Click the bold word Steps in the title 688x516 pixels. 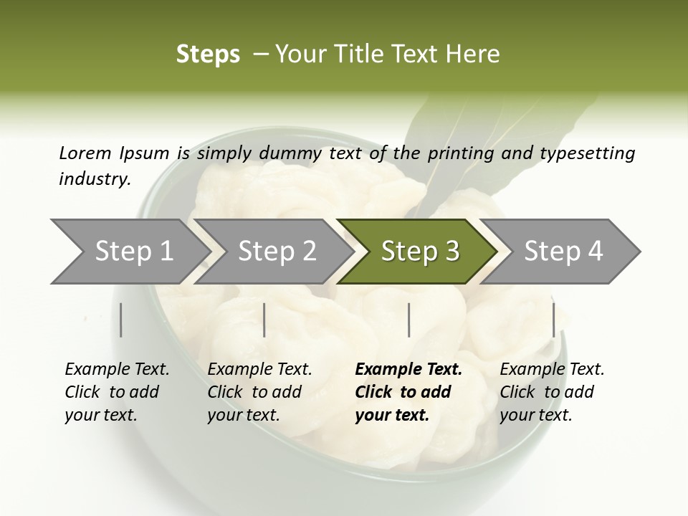click(x=208, y=54)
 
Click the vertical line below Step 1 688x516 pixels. click(x=121, y=320)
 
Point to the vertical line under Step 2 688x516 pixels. click(x=264, y=320)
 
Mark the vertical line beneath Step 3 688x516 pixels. click(x=408, y=320)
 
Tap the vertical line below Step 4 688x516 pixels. click(x=553, y=320)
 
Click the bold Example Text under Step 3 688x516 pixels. click(x=408, y=370)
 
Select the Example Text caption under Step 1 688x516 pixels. click(x=117, y=370)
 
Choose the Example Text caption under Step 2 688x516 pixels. click(x=259, y=370)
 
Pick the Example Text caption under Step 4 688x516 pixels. click(x=552, y=370)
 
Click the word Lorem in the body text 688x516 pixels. click(x=85, y=153)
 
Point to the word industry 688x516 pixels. click(x=95, y=179)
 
